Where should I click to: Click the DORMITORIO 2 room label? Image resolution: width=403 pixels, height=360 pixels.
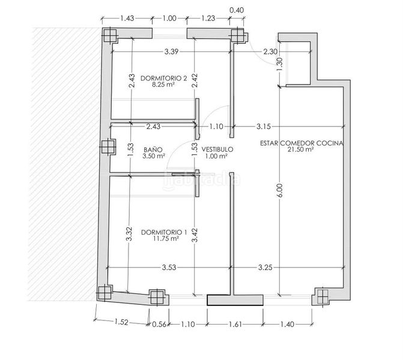pyautogui.click(x=163, y=78)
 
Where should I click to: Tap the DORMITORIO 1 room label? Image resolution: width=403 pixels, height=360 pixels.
pyautogui.click(x=164, y=232)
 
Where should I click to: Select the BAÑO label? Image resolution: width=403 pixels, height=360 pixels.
pyautogui.click(x=153, y=149)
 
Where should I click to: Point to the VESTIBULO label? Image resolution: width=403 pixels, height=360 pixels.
pyautogui.click(x=217, y=149)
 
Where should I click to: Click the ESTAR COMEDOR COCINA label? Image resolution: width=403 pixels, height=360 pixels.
pyautogui.click(x=301, y=143)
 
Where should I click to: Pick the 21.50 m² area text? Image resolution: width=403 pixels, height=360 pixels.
pyautogui.click(x=300, y=149)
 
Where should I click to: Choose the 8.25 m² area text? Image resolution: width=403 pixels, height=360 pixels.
pyautogui.click(x=163, y=85)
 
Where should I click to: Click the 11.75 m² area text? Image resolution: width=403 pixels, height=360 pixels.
pyautogui.click(x=166, y=239)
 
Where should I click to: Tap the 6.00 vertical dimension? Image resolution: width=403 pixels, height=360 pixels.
pyautogui.click(x=280, y=191)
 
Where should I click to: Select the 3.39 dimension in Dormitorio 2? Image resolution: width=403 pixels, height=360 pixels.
pyautogui.click(x=171, y=52)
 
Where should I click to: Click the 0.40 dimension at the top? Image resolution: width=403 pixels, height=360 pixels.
pyautogui.click(x=237, y=10)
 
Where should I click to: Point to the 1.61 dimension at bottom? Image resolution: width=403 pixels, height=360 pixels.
pyautogui.click(x=235, y=325)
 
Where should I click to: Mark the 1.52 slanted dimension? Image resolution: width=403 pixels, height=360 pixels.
pyautogui.click(x=121, y=322)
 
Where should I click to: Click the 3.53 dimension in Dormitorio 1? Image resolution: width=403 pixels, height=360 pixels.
pyautogui.click(x=169, y=268)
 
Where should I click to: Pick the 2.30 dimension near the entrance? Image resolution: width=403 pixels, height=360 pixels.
pyautogui.click(x=270, y=52)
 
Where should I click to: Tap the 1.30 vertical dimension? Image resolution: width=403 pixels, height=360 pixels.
pyautogui.click(x=280, y=64)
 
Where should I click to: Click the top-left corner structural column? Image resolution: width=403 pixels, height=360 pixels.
pyautogui.click(x=110, y=35)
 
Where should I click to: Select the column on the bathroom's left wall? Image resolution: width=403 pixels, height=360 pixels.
pyautogui.click(x=108, y=147)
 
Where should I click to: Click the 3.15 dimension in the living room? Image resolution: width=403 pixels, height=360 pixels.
pyautogui.click(x=264, y=127)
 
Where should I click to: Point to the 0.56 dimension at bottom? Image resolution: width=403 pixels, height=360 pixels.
pyautogui.click(x=159, y=325)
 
